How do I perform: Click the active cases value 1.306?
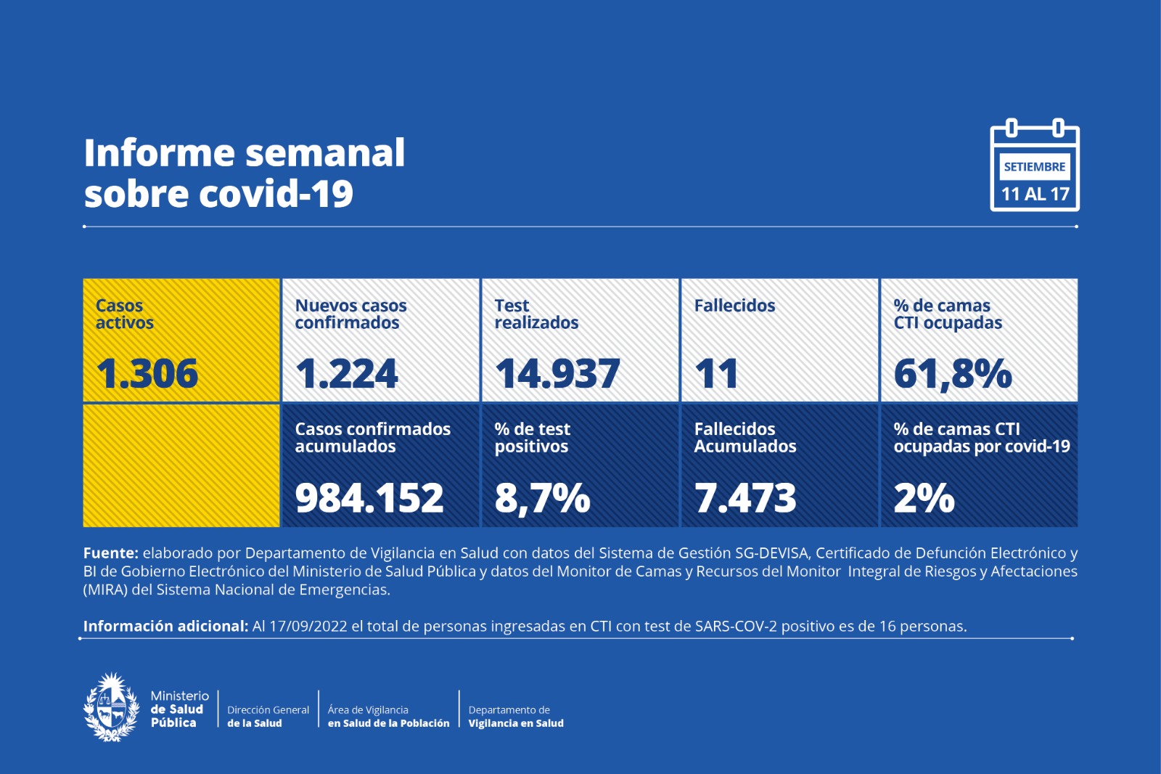point(147,374)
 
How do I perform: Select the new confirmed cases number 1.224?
point(346,374)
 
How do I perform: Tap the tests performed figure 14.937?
point(557,374)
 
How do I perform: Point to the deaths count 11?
point(716,374)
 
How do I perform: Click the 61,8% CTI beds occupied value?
point(952,374)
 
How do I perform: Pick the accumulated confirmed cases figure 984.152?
point(369,498)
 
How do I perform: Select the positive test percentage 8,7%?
point(542,498)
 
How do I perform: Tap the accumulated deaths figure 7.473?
point(745,498)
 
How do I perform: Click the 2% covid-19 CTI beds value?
point(924,498)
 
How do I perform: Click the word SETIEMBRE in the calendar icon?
point(1034,167)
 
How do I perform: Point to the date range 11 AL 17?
point(1035,194)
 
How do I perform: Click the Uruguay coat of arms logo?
point(112,707)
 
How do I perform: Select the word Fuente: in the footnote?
point(110,553)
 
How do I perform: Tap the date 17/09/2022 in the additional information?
point(308,626)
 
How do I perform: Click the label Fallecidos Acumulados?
point(744,438)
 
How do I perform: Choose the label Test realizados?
point(536,314)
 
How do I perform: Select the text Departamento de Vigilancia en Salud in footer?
point(515,717)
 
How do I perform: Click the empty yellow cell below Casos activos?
point(181,465)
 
